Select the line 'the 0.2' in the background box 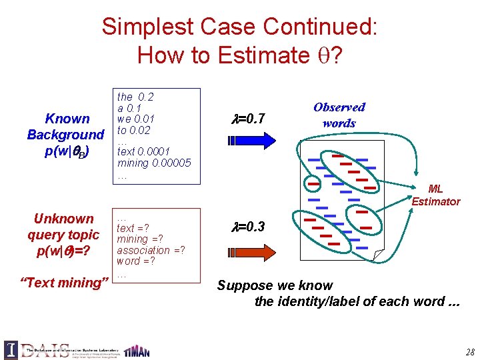[x=135, y=97]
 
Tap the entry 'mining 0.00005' [x=154, y=163]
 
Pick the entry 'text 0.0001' [x=144, y=152]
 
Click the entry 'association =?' [x=151, y=250]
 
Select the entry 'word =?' [x=136, y=261]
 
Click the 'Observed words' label [x=339, y=115]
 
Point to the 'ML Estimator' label [x=436, y=195]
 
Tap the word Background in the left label [x=65, y=135]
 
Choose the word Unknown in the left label [x=64, y=219]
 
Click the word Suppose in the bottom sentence [x=243, y=286]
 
